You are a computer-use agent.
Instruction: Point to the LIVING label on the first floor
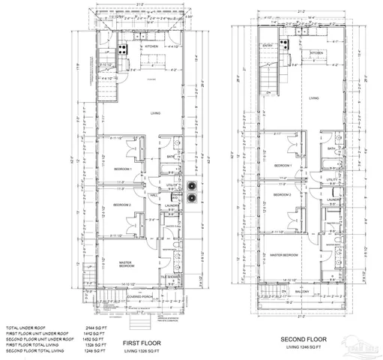pos(156,113)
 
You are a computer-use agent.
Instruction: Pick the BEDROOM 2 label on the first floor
pos(121,205)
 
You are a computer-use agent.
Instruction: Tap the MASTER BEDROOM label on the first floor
pos(126,264)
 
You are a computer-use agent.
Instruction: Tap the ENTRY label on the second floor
pos(268,46)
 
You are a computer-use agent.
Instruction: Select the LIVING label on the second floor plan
pos(315,97)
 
